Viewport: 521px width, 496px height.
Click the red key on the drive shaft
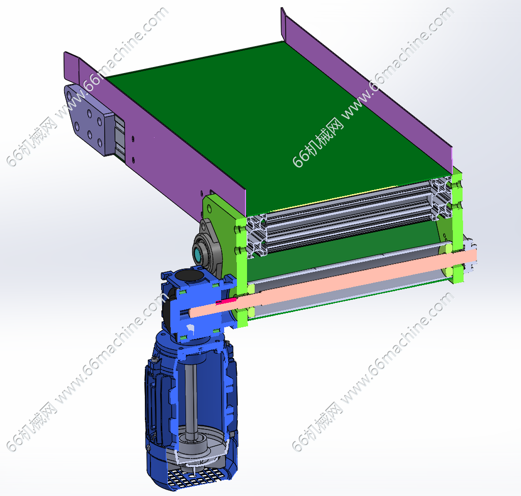[x=226, y=301]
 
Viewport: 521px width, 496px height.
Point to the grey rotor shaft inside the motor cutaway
[x=191, y=395]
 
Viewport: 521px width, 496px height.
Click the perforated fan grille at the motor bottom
[x=191, y=477]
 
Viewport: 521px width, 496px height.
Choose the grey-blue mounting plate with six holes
[x=88, y=119]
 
